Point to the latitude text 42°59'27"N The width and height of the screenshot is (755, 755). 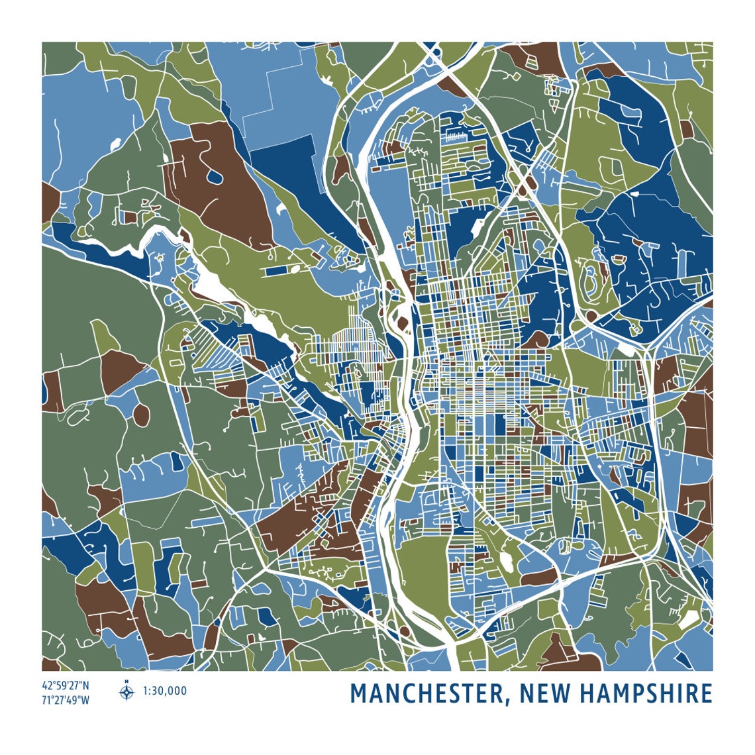65,685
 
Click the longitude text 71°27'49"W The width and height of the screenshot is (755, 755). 65,699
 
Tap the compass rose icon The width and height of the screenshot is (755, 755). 126,693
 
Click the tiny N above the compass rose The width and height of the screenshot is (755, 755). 126,681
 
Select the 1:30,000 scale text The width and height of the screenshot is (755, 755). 165,691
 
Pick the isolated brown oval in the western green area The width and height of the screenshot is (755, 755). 141,415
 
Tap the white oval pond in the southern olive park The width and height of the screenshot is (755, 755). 507,562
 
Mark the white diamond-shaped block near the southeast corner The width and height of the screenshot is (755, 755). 690,619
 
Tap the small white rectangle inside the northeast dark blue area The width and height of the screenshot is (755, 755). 634,194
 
